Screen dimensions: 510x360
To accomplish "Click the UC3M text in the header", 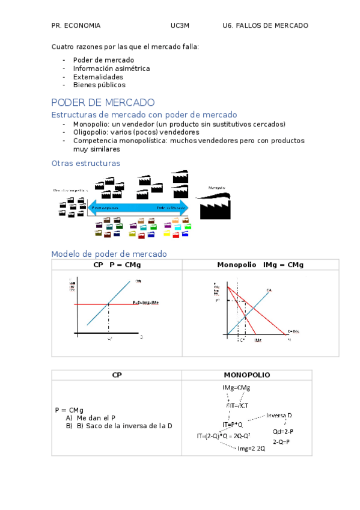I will pyautogui.click(x=180, y=26).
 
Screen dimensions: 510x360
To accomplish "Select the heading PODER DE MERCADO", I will pyautogui.click(x=103, y=103).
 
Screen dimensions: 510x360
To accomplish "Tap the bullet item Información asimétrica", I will pyautogui.click(x=111, y=69).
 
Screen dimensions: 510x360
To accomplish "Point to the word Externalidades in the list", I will pyautogui.click(x=98, y=77).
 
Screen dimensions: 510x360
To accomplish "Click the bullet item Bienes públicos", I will pyautogui.click(x=99, y=85).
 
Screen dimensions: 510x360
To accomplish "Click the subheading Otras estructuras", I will pyautogui.click(x=86, y=163).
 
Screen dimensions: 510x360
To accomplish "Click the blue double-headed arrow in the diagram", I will pyautogui.click(x=139, y=208).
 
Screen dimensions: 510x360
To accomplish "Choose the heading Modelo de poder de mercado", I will pyautogui.click(x=109, y=254).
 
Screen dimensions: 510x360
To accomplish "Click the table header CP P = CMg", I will pyautogui.click(x=117, y=265).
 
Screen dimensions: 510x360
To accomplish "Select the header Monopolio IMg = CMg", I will pyautogui.click(x=260, y=265).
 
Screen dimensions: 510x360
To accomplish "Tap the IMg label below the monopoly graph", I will pyautogui.click(x=258, y=340).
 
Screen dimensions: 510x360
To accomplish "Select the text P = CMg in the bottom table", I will pyautogui.click(x=69, y=410).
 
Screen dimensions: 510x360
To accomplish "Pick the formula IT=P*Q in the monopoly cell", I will pyautogui.click(x=233, y=425).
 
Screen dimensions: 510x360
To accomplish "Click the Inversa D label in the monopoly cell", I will pyautogui.click(x=279, y=416).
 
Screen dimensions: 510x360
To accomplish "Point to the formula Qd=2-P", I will pyautogui.click(x=283, y=432).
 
